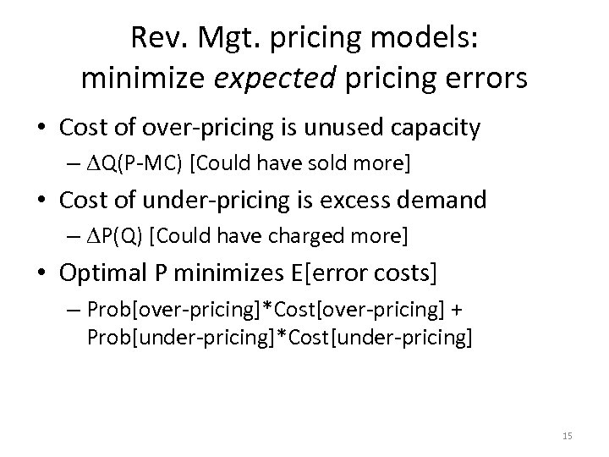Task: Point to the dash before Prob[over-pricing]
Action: tap(74, 308)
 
